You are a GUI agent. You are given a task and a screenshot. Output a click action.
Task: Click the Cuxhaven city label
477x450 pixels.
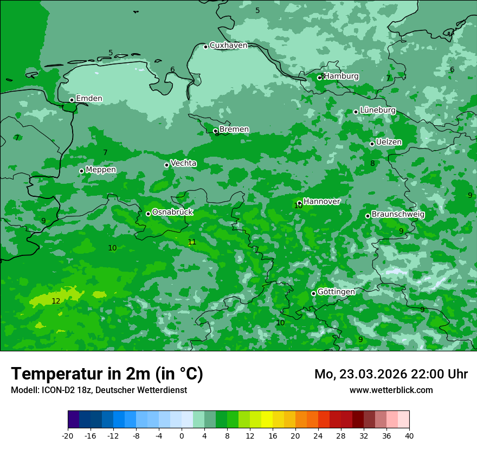pos(228,46)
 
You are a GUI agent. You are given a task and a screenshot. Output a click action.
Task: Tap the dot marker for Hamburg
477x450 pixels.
pos(319,78)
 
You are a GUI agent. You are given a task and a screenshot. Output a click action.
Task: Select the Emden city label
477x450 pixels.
pos(89,99)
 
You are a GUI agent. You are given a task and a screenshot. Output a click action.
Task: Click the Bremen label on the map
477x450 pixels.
pos(234,130)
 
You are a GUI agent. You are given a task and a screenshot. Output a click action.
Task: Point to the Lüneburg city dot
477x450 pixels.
pos(356,112)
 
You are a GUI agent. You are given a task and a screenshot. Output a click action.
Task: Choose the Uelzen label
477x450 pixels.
pos(389,143)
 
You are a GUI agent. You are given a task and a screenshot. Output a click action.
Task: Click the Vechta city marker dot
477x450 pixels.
pos(166,165)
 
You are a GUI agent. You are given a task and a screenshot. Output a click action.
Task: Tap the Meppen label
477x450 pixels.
pos(101,170)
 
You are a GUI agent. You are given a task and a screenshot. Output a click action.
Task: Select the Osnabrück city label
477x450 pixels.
pos(172,213)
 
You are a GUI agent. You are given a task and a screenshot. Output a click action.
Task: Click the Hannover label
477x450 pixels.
pos(321,202)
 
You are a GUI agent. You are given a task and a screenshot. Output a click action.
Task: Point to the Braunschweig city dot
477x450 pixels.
pos(368,216)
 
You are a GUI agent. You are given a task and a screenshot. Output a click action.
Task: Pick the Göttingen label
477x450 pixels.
pos(336,292)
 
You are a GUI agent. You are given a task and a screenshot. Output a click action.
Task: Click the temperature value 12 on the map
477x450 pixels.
pos(56,301)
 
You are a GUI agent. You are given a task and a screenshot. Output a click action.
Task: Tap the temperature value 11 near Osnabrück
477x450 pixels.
pos(192,242)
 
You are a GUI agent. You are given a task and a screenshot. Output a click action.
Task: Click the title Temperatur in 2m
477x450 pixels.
pos(107,374)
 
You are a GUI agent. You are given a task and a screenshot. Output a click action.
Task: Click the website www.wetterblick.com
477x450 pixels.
pos(391,390)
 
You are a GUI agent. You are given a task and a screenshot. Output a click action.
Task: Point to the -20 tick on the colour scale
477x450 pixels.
pos(68,435)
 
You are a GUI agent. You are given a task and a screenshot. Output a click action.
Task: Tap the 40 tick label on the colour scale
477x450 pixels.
pos(409,435)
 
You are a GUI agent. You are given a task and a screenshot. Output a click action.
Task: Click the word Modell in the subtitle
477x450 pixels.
pos(24,390)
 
